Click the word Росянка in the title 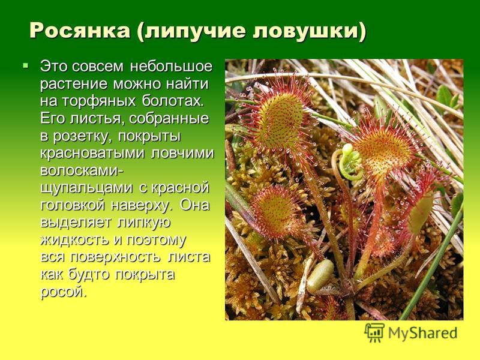tap(80, 31)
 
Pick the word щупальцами tap(86, 188)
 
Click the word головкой tap(73, 205)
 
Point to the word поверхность tap(115, 257)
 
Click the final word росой tap(64, 292)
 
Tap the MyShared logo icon tap(374, 332)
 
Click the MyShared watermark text tap(423, 333)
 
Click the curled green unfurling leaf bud tap(351, 162)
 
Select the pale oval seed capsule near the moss tap(320, 276)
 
